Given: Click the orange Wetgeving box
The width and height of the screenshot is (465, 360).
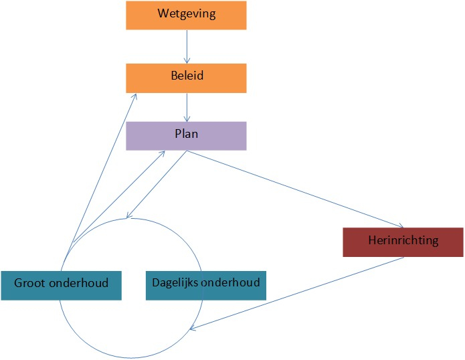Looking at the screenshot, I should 186,15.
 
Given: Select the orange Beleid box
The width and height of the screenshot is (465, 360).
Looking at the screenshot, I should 186,78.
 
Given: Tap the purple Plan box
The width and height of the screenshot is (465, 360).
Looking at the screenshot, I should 186,135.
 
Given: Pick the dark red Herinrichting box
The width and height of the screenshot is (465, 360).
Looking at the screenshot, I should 403,242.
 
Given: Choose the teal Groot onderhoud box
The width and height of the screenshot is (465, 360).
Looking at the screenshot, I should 64,284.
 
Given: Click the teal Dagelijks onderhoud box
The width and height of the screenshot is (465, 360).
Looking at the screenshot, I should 205,284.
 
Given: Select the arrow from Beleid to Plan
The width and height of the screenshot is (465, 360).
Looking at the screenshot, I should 186,107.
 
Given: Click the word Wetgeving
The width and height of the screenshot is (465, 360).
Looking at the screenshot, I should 186,13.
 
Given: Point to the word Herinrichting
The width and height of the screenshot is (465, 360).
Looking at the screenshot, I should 403,240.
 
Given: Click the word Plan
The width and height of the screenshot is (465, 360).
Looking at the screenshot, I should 186,133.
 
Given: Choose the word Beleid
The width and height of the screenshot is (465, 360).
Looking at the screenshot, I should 186,76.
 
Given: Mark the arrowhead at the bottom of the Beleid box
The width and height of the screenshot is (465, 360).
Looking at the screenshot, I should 136,96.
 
